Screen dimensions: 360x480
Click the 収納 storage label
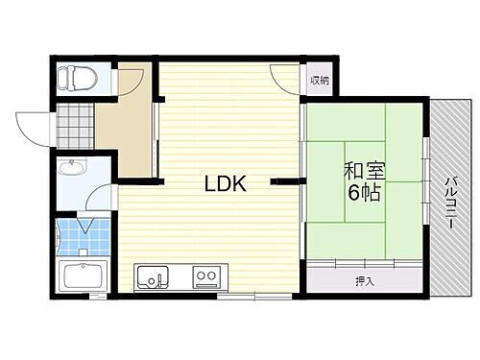click(320, 81)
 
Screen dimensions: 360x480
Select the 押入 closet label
click(364, 281)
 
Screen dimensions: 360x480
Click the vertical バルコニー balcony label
click(449, 203)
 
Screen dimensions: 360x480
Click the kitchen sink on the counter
click(154, 279)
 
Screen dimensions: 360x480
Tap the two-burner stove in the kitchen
click(206, 279)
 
